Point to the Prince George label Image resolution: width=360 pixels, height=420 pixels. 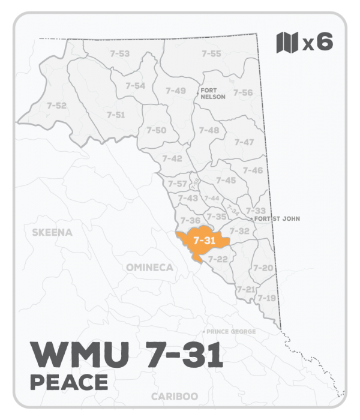(231, 332)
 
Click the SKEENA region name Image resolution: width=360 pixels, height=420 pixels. (52, 232)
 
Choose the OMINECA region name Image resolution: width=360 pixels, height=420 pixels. (150, 267)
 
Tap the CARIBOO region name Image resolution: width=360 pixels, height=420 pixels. (173, 397)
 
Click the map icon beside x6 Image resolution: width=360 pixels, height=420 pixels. (287, 43)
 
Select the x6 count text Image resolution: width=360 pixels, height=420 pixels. (318, 43)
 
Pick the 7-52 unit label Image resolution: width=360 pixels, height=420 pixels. (56, 106)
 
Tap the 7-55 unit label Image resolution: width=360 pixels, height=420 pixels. (211, 54)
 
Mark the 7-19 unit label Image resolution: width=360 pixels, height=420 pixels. (266, 298)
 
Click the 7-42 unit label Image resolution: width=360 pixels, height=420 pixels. (172, 158)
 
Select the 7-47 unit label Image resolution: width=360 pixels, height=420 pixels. (244, 142)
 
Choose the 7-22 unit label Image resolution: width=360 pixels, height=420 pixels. (218, 259)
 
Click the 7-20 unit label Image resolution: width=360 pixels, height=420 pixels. (264, 268)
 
